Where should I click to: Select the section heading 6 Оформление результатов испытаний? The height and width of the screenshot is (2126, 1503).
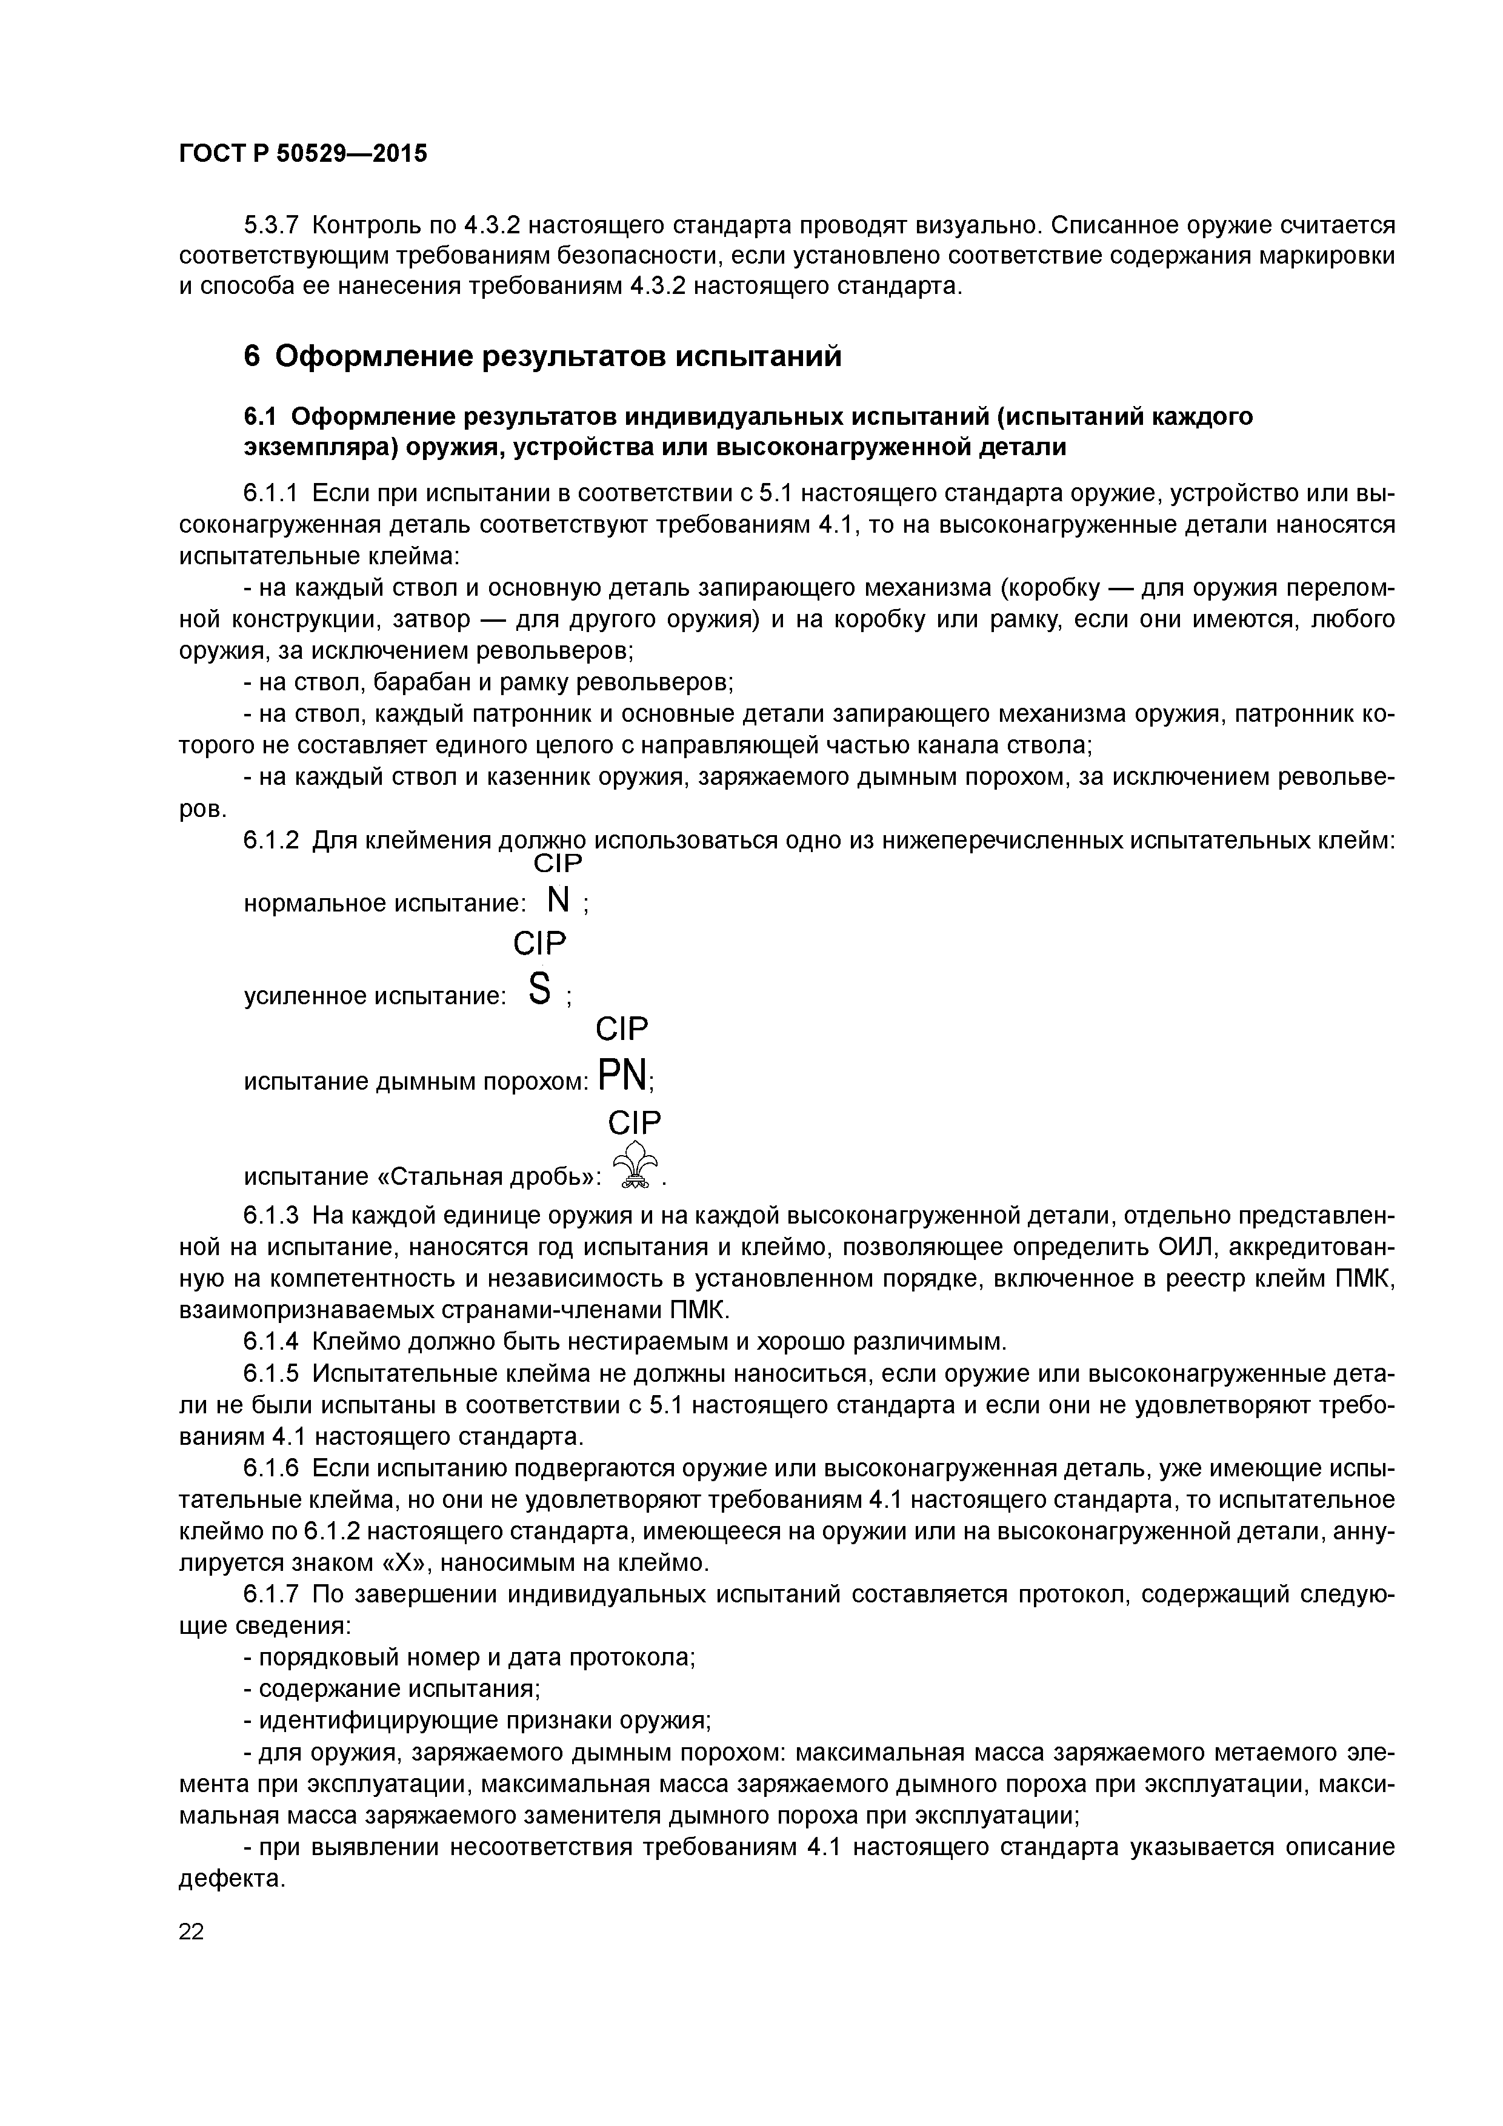pos(542,356)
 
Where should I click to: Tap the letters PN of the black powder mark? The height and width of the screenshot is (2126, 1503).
pos(623,1076)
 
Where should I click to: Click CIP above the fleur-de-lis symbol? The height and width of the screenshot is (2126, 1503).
pos(635,1123)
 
